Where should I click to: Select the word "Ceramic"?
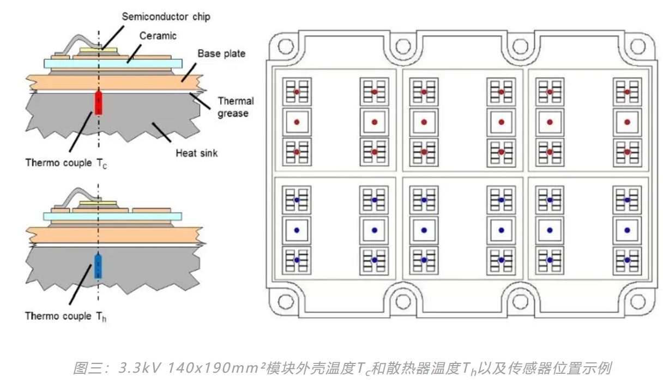click(158, 36)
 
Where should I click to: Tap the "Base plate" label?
click(221, 53)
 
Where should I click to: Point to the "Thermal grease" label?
click(235, 107)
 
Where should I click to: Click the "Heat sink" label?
click(196, 153)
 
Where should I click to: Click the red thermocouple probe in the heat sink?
click(99, 103)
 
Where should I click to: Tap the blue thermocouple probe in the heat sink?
click(98, 266)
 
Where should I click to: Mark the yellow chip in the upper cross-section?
click(99, 51)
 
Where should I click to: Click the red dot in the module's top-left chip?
click(297, 92)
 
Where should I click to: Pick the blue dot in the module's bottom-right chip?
click(627, 260)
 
